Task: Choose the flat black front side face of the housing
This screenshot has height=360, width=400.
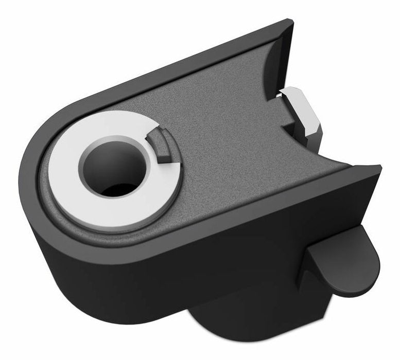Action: tap(206, 267)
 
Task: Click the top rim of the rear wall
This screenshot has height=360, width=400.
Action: tap(180, 64)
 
